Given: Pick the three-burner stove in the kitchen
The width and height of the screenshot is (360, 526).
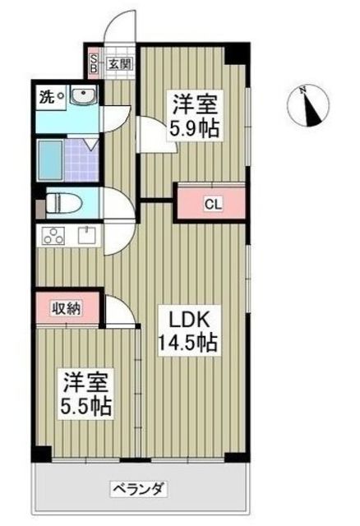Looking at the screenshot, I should [x=54, y=237].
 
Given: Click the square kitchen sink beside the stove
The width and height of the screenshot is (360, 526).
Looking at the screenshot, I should [x=85, y=236].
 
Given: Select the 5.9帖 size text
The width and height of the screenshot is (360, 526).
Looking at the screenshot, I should [x=195, y=130].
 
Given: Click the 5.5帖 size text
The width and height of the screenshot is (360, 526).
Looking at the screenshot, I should [x=85, y=405].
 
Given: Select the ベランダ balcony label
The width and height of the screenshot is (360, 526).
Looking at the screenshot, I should [x=138, y=489].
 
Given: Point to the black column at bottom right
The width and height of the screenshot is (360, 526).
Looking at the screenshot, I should [x=237, y=454].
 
